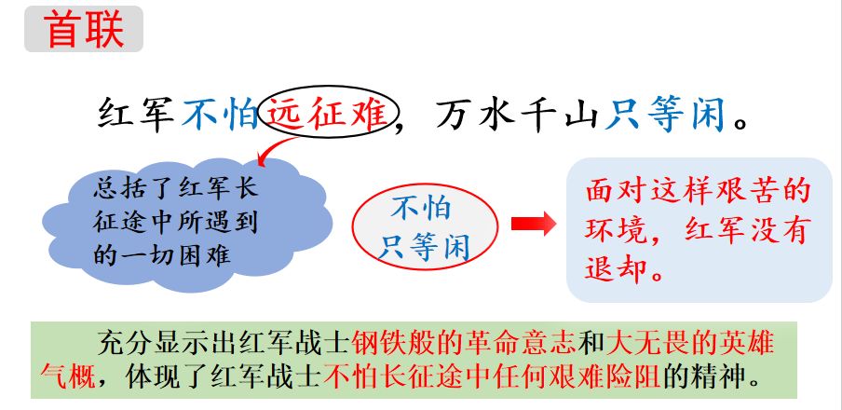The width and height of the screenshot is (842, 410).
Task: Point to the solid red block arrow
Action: click(x=533, y=225)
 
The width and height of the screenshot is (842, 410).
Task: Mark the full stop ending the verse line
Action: click(x=741, y=124)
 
